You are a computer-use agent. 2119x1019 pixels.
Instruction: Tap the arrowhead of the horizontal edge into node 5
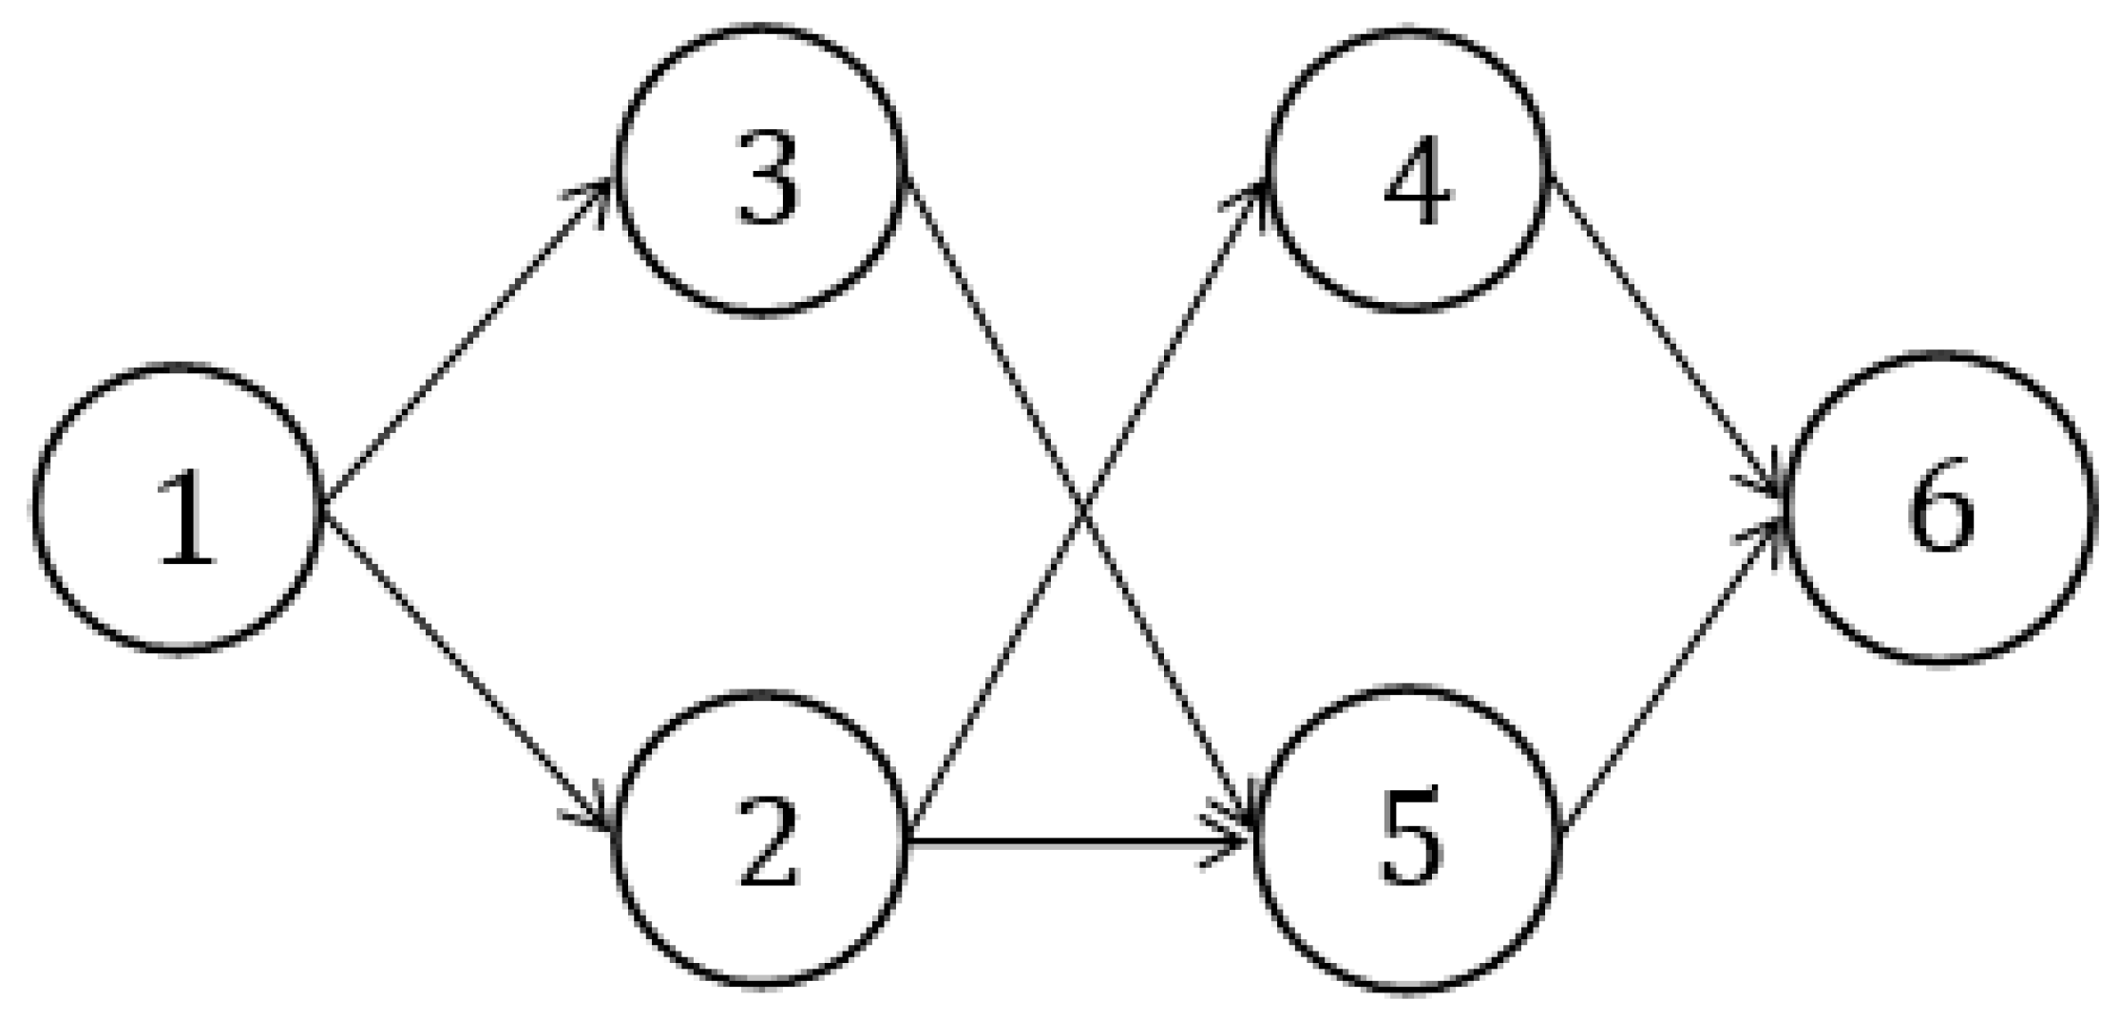[1231, 841]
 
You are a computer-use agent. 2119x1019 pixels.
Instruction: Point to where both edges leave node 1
[324, 507]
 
